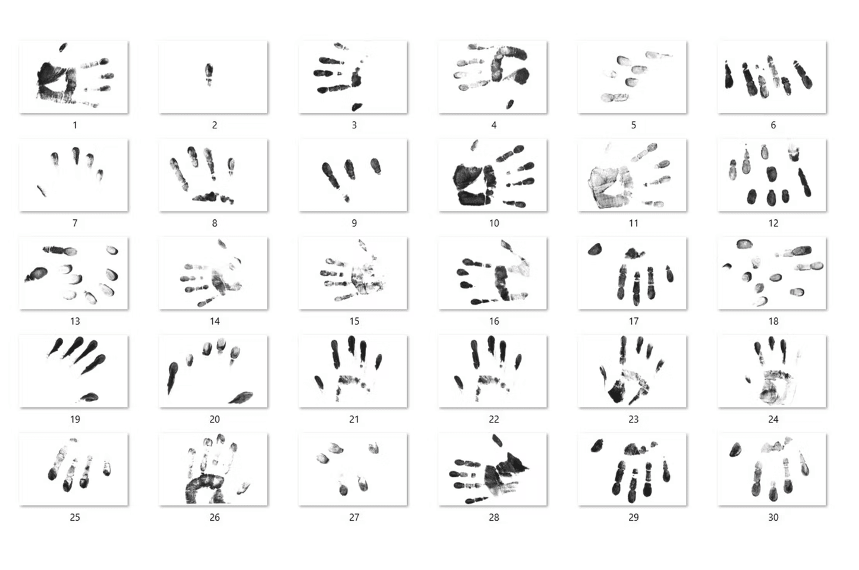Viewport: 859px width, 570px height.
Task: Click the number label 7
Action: click(75, 223)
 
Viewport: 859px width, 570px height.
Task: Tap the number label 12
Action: click(773, 223)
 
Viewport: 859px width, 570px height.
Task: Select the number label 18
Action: click(773, 321)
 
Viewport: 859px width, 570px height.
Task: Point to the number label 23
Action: click(634, 420)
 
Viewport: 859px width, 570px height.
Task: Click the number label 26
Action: click(215, 518)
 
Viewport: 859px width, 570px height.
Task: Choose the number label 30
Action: click(773, 518)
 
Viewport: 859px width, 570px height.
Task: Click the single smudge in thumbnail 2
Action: click(209, 74)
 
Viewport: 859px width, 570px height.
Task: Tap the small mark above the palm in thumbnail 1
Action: click(63, 47)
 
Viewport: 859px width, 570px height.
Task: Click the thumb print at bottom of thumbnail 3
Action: click(357, 107)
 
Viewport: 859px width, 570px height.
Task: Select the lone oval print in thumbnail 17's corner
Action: click(594, 250)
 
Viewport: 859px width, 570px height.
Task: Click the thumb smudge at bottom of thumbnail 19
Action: click(89, 397)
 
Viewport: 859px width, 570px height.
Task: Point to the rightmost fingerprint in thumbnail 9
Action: click(376, 166)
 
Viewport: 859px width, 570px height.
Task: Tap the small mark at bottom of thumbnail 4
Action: click(509, 104)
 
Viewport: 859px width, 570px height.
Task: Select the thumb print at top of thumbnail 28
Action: click(498, 440)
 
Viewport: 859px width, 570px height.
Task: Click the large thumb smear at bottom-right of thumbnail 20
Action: click(241, 398)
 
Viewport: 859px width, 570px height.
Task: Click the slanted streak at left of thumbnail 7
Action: click(42, 191)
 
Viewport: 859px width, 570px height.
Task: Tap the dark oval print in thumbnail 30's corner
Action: click(735, 449)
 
